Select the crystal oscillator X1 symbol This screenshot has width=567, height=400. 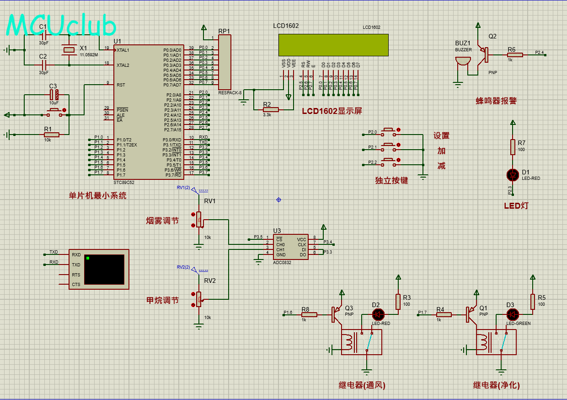point(69,50)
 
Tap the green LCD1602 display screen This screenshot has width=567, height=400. point(333,45)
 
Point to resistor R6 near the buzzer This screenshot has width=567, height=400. point(515,55)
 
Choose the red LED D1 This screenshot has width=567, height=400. point(513,174)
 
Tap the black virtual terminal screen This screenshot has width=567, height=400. point(104,269)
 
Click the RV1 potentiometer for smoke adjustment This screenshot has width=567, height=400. point(198,219)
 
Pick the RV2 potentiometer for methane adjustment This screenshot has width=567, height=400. point(198,299)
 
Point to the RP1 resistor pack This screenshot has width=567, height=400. point(224,62)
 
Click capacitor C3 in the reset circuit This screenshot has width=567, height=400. point(54,95)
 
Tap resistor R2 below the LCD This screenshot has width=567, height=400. point(267,110)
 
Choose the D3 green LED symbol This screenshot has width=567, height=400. point(513,314)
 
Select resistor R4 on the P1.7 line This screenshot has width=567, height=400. point(444,314)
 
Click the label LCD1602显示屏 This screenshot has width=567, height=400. point(332,111)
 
